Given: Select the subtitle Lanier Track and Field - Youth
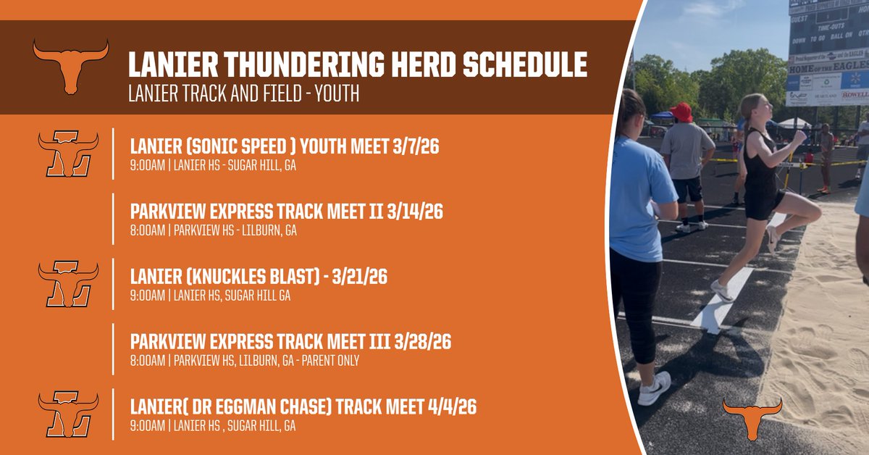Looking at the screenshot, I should [243, 94].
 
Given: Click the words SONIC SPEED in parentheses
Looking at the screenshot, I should [239, 148].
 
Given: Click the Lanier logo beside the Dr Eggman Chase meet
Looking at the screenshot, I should [68, 414].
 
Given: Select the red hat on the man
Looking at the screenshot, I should [681, 112].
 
